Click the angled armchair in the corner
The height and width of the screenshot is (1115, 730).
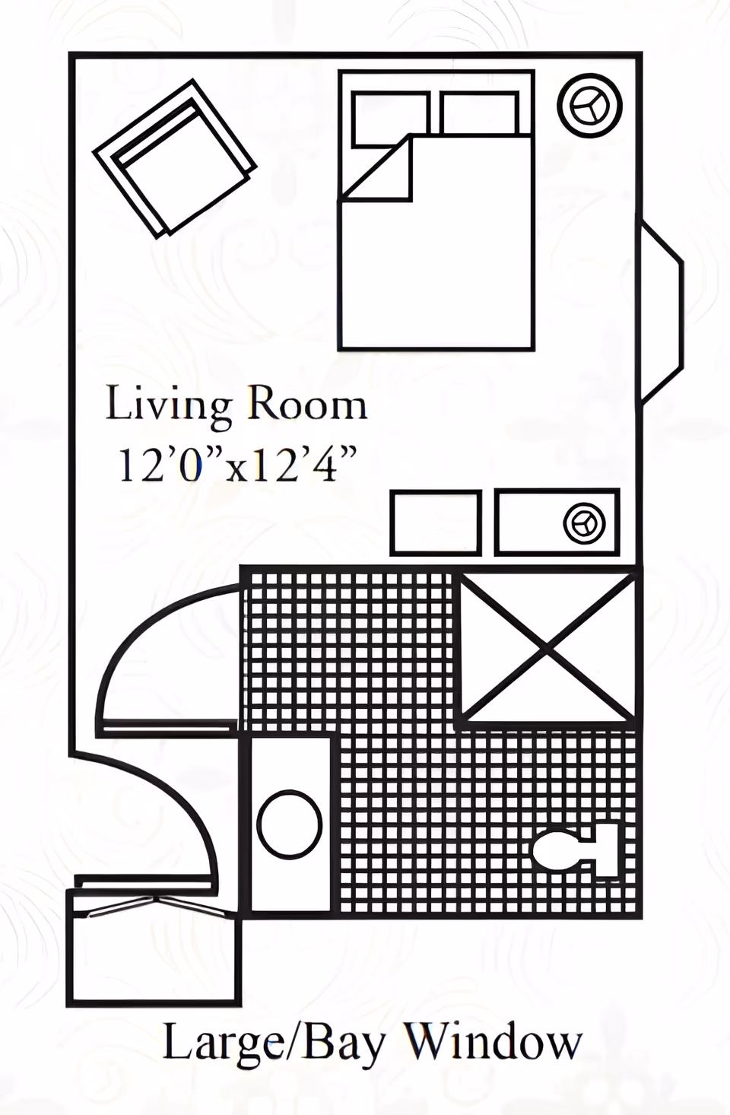coord(174,158)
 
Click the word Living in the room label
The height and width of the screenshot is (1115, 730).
coord(169,405)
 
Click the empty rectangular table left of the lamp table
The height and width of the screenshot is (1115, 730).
coord(436,523)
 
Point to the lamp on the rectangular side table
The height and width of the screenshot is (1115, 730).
coord(584,523)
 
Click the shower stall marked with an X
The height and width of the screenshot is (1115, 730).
coord(547,647)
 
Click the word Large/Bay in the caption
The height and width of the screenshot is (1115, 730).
coord(274,1043)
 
